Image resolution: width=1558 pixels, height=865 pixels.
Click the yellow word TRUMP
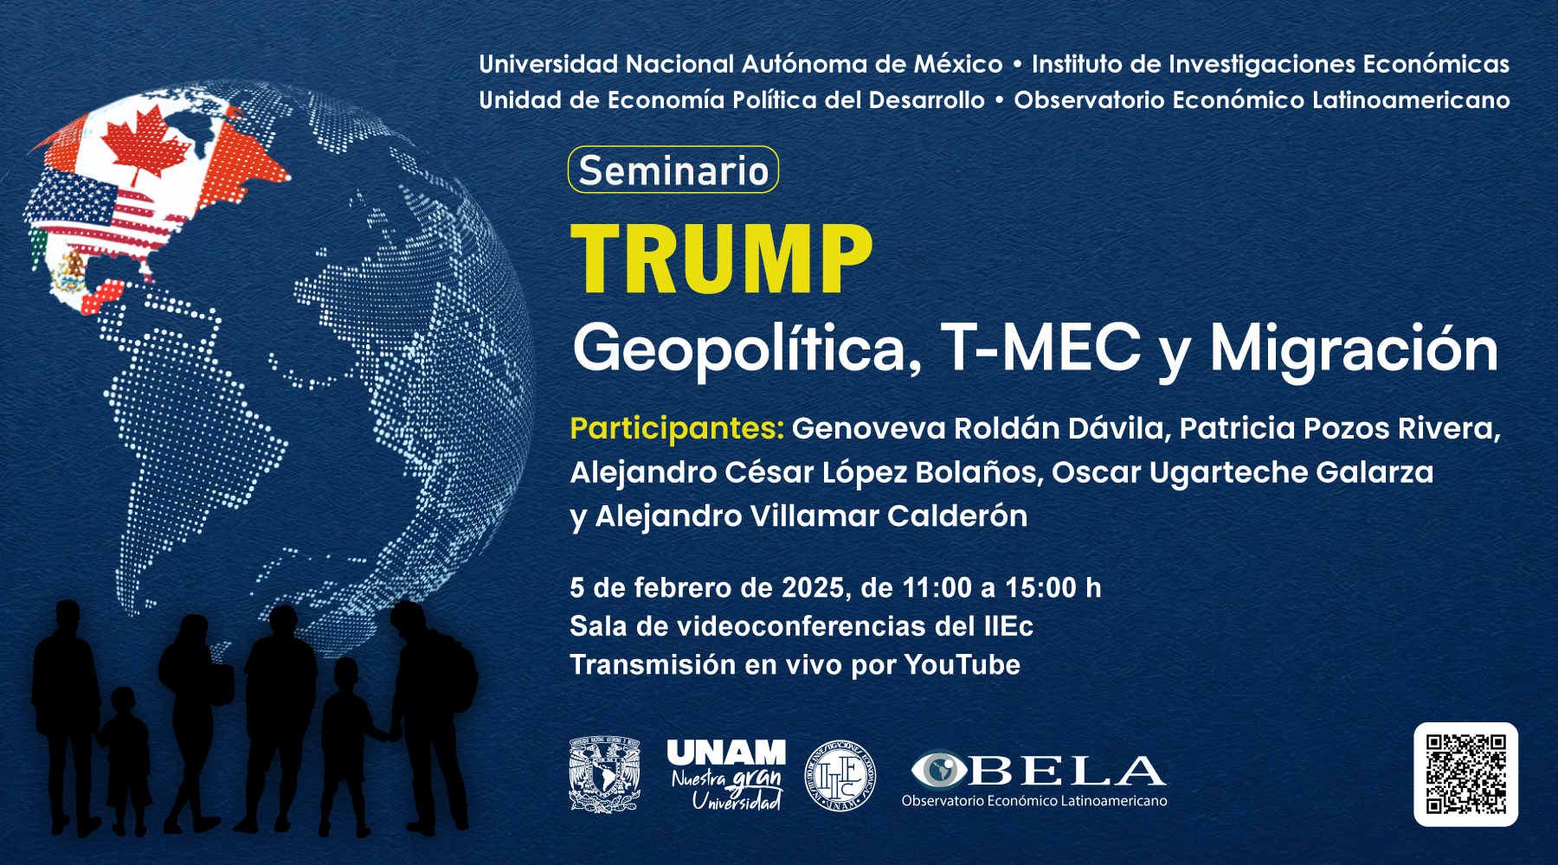(x=722, y=259)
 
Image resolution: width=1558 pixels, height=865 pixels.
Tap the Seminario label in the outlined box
(x=673, y=170)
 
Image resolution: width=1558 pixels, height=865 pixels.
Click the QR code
(x=1465, y=774)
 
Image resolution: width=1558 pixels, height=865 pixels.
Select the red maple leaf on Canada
(x=145, y=147)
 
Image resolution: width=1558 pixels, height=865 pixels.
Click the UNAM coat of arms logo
(x=604, y=774)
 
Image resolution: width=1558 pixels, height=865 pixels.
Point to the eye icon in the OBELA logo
(x=938, y=769)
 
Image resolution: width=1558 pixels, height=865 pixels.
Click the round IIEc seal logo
(x=839, y=775)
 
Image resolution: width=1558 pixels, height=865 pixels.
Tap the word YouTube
(x=962, y=664)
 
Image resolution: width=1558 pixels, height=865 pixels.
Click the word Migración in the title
(x=1354, y=349)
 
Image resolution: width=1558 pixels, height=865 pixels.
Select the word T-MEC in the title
(x=1040, y=348)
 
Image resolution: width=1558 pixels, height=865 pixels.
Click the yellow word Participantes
(x=677, y=429)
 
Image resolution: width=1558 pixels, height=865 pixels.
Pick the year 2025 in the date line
(x=813, y=588)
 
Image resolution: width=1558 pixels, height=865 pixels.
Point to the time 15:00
(x=1040, y=588)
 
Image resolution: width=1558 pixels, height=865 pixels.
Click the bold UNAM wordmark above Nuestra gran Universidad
(x=726, y=753)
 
